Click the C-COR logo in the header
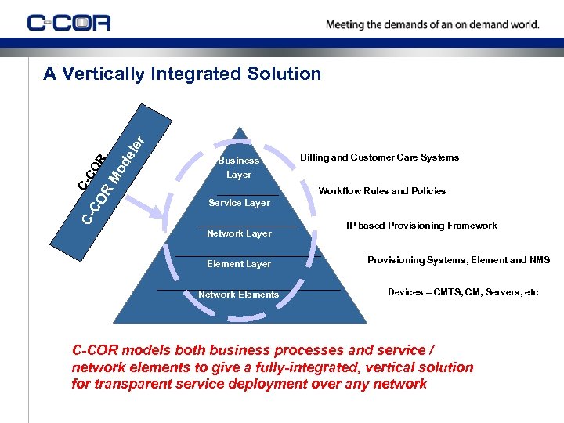pyautogui.click(x=69, y=22)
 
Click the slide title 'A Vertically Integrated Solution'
pyautogui.click(x=182, y=74)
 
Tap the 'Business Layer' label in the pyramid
pyautogui.click(x=238, y=168)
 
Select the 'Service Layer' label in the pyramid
pyautogui.click(x=239, y=203)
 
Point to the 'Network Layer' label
pyautogui.click(x=239, y=233)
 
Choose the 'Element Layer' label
pyautogui.click(x=239, y=264)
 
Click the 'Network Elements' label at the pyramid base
pyautogui.click(x=238, y=295)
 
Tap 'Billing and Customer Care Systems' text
pyautogui.click(x=379, y=157)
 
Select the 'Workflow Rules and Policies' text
pyautogui.click(x=382, y=191)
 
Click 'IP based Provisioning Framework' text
pyautogui.click(x=421, y=226)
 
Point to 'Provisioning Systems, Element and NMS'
pyautogui.click(x=459, y=260)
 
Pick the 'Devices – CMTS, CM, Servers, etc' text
pyautogui.click(x=463, y=292)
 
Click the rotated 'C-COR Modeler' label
pyautogui.click(x=110, y=176)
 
